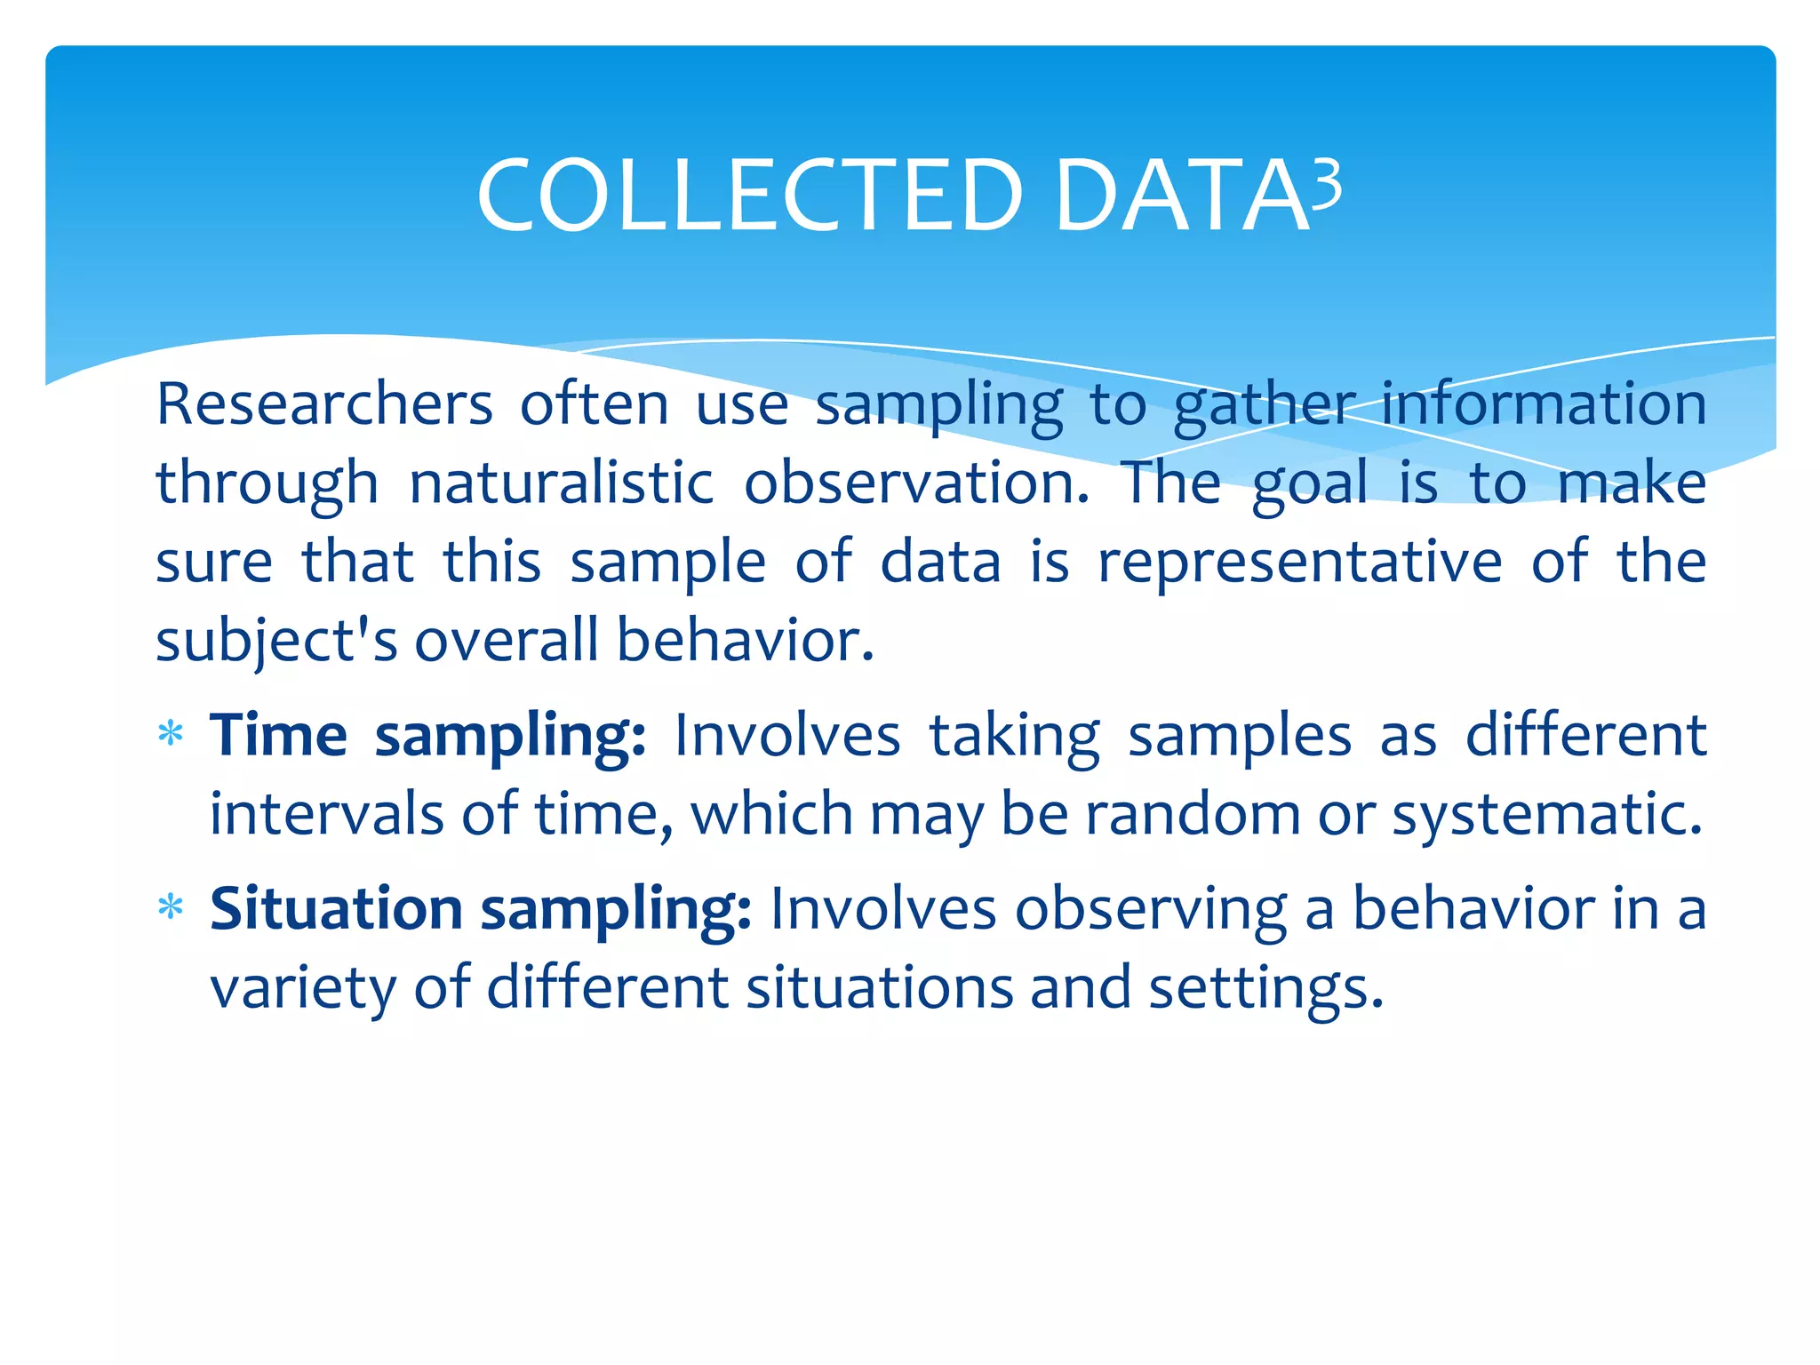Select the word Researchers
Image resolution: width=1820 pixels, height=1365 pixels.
pos(324,404)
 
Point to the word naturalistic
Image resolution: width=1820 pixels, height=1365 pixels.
pos(561,484)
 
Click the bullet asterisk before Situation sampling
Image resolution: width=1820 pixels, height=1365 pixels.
pos(170,909)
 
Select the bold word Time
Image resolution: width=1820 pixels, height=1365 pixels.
pos(278,736)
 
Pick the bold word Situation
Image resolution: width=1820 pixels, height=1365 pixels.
pos(336,909)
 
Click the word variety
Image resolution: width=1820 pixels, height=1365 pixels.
pos(302,988)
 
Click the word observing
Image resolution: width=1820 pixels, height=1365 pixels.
pos(1151,911)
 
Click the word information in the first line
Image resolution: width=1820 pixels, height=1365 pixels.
pos(1544,404)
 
